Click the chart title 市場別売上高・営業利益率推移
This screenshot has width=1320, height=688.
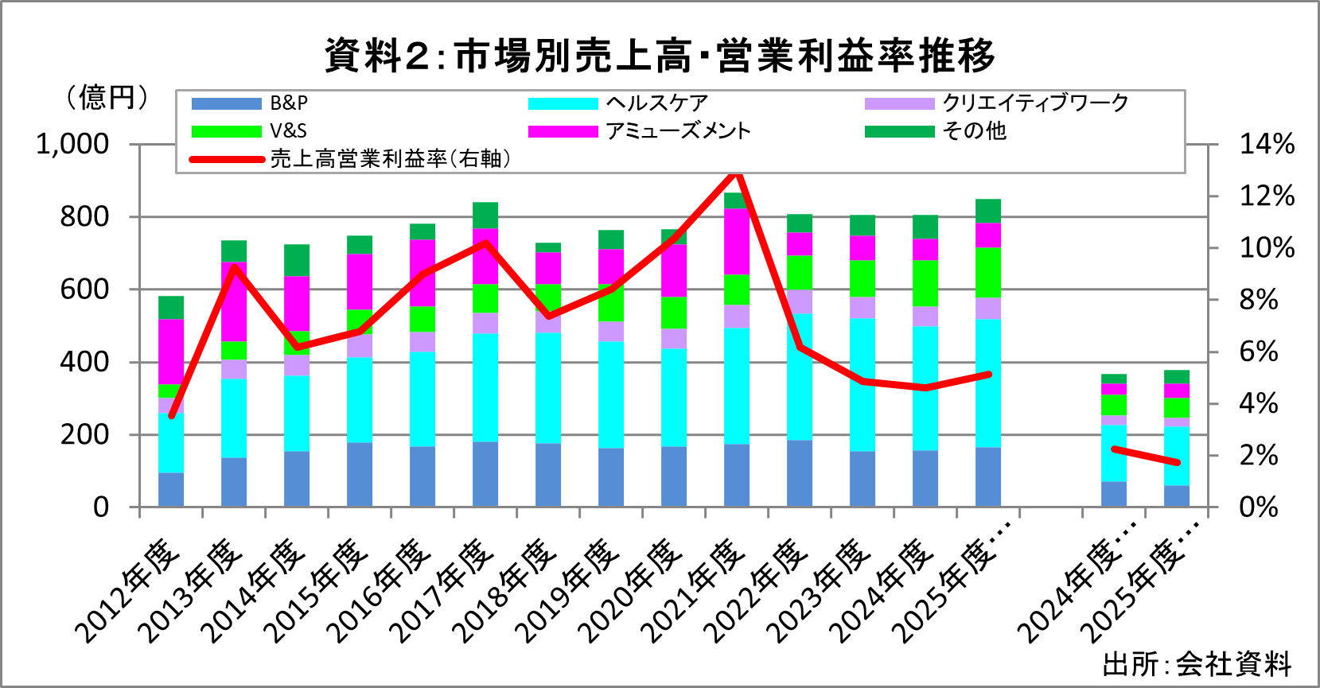click(x=660, y=56)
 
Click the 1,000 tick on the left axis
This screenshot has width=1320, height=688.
click(x=72, y=145)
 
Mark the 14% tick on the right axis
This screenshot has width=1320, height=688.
click(x=1267, y=145)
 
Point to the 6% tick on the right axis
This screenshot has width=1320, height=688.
click(x=1259, y=352)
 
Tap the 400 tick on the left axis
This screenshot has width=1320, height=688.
click(x=84, y=362)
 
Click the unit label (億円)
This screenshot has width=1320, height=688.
click(x=107, y=98)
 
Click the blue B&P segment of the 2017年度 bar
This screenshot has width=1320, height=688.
click(x=485, y=474)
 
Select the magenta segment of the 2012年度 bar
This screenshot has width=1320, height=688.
click(x=171, y=352)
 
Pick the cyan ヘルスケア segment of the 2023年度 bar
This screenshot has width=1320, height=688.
click(x=862, y=385)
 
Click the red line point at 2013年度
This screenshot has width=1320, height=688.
click(x=234, y=266)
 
